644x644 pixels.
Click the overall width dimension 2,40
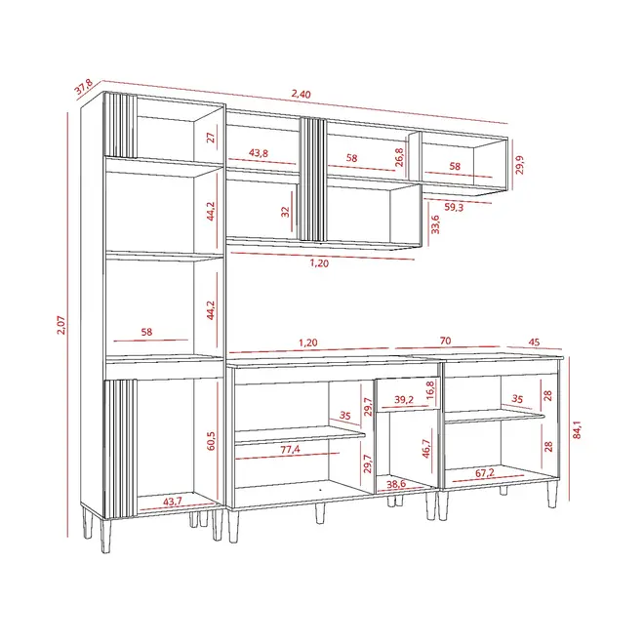pyautogui.click(x=302, y=94)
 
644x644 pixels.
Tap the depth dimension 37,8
pyautogui.click(x=83, y=87)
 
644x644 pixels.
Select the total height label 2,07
pyautogui.click(x=60, y=325)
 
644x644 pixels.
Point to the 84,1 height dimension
pyautogui.click(x=577, y=429)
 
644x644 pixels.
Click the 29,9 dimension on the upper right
pyautogui.click(x=519, y=165)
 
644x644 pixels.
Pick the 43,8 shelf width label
pyautogui.click(x=259, y=153)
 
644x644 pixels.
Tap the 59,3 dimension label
pyautogui.click(x=454, y=207)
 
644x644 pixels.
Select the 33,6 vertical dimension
pyautogui.click(x=435, y=224)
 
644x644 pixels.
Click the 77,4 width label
pyautogui.click(x=290, y=449)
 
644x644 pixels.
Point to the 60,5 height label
pyautogui.click(x=211, y=441)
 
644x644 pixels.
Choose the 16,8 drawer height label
pyautogui.click(x=430, y=390)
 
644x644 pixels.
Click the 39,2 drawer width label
pyautogui.click(x=404, y=399)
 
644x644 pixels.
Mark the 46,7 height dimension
pyautogui.click(x=425, y=449)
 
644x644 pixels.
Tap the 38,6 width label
pyautogui.click(x=396, y=484)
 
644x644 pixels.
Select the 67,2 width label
pyautogui.click(x=485, y=473)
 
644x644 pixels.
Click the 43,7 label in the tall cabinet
pyautogui.click(x=173, y=502)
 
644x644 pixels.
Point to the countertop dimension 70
pyautogui.click(x=445, y=341)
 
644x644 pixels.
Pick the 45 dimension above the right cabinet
pyautogui.click(x=534, y=342)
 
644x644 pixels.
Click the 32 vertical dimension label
pyautogui.click(x=285, y=212)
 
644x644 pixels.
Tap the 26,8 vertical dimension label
pyautogui.click(x=399, y=157)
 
